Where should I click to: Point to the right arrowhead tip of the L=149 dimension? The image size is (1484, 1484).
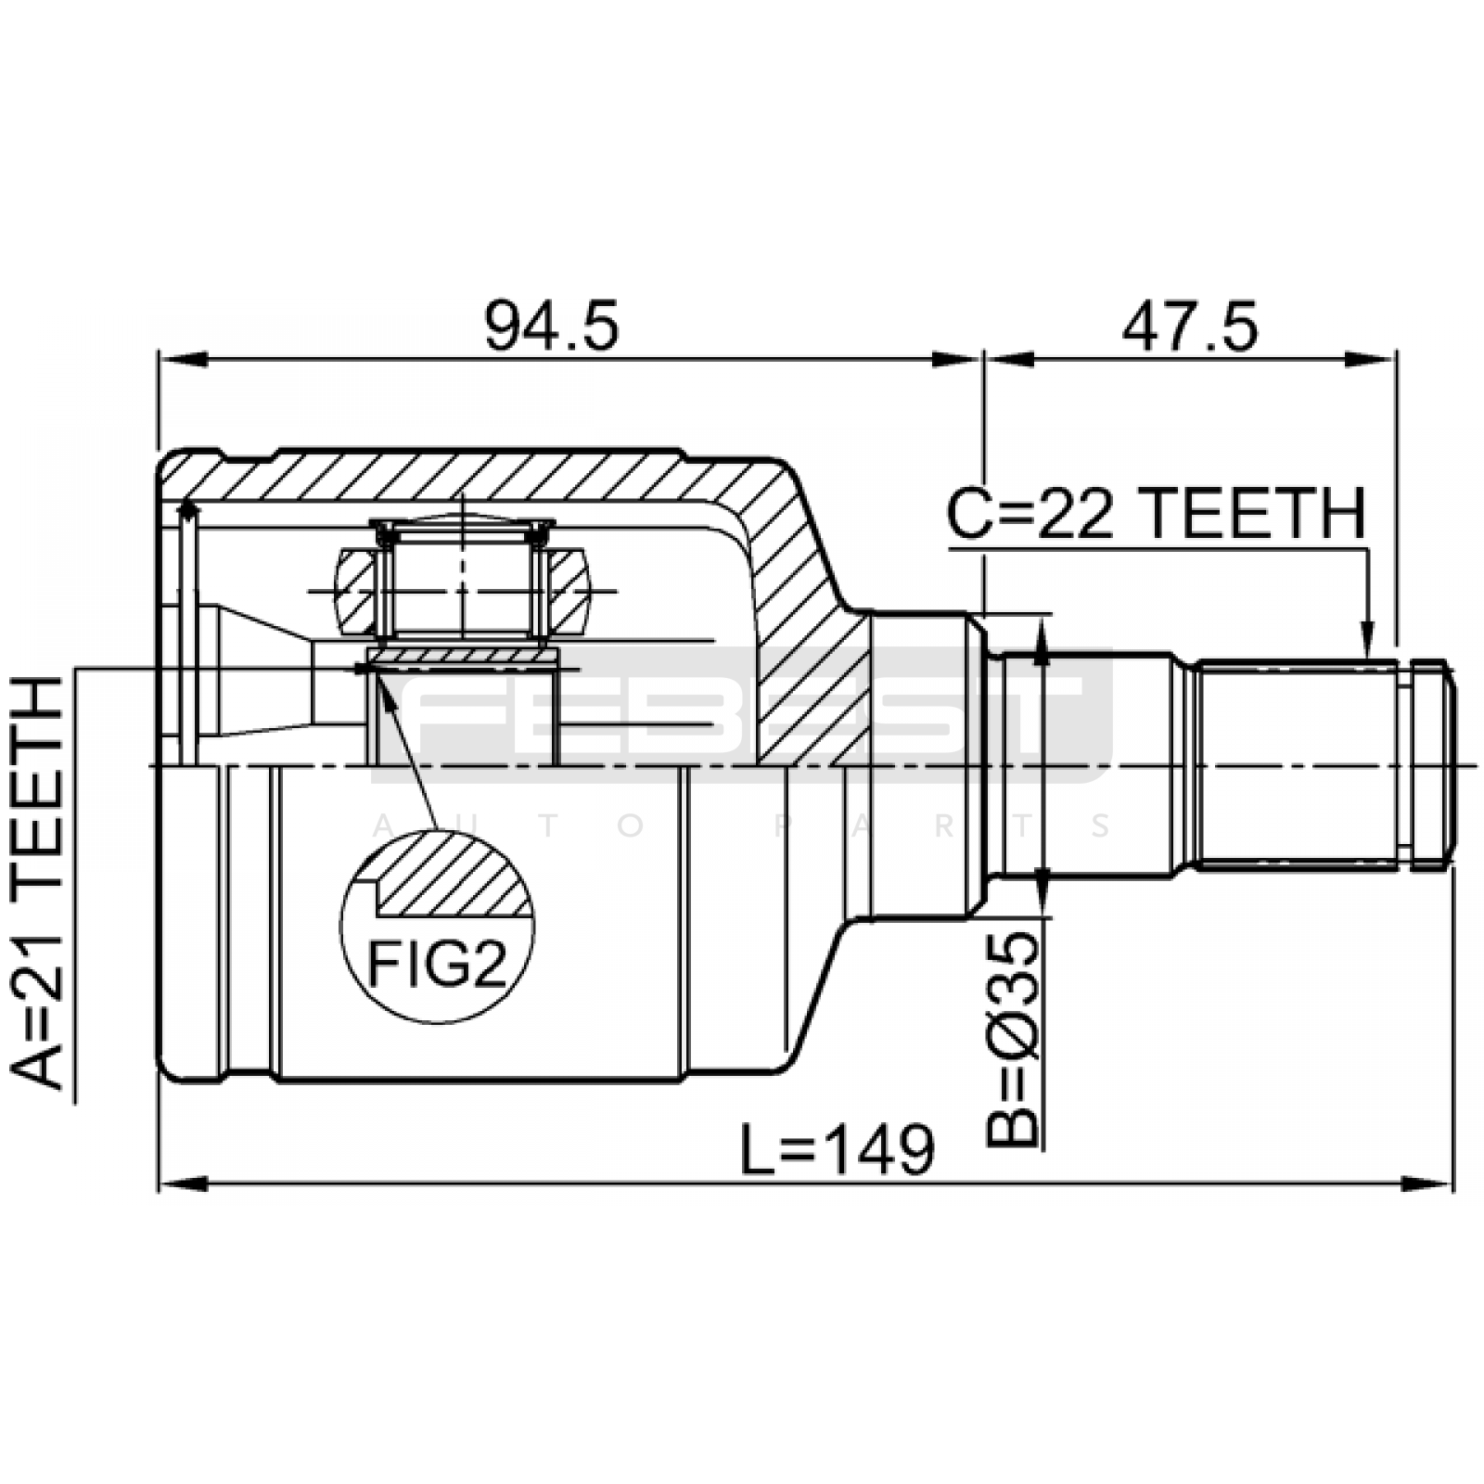pos(1452,1184)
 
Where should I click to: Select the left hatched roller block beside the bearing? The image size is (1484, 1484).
pos(356,592)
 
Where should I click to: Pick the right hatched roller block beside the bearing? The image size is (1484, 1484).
pos(567,592)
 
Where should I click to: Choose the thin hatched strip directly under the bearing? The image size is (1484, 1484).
pos(463,657)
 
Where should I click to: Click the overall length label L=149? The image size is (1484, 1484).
pos(838,1149)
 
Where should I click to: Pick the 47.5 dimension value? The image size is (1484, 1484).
pos(1190,326)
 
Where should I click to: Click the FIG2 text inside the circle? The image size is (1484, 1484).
pos(438,965)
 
